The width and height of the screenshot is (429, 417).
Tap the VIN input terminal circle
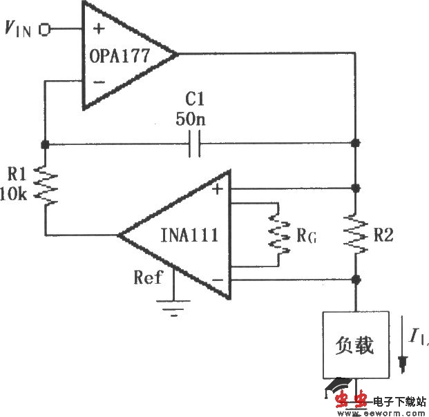tap(46, 30)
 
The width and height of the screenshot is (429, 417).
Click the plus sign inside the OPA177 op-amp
tap(98, 29)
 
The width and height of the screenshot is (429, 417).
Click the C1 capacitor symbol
tap(194, 145)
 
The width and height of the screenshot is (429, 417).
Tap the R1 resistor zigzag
tap(45, 184)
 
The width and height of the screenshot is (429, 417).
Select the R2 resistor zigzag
tap(356, 233)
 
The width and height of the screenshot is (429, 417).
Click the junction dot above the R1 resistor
tap(45, 145)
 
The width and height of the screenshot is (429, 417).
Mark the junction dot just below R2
tap(356, 280)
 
